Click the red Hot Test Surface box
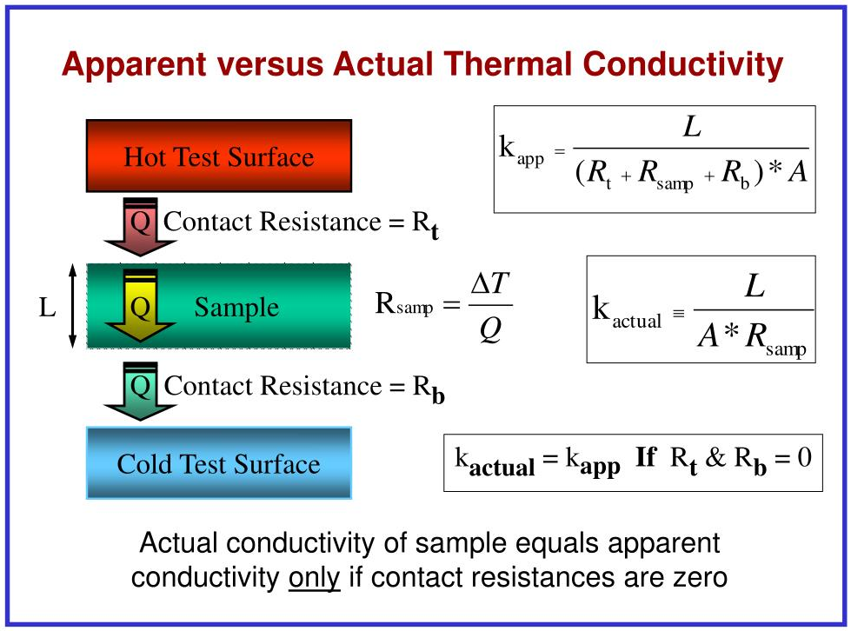[x=219, y=156]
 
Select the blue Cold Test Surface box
[x=219, y=462]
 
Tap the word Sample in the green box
[x=236, y=308]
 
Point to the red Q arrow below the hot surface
[x=140, y=227]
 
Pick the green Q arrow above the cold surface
[x=140, y=390]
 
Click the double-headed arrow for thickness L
[x=73, y=305]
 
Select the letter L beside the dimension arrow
[x=47, y=308]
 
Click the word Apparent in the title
[x=134, y=65]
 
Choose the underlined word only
[x=315, y=578]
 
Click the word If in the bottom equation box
[x=646, y=457]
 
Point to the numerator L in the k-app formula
[x=692, y=128]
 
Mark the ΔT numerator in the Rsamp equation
[x=490, y=283]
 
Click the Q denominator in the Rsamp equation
[x=490, y=329]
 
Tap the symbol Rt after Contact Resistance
[x=425, y=223]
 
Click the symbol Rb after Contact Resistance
[x=429, y=389]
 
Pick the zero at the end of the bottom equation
[x=804, y=457]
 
